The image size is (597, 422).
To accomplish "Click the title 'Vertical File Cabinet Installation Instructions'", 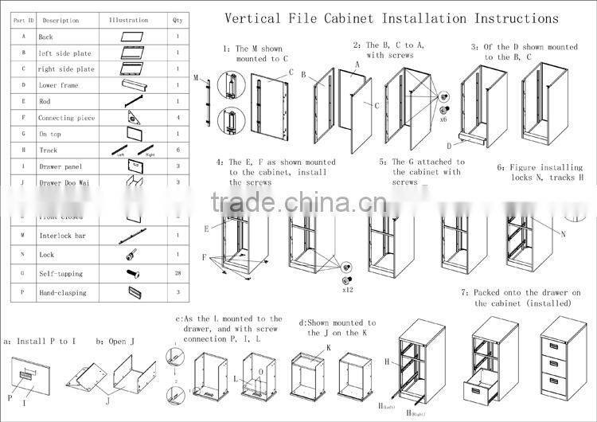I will pyautogui.click(x=391, y=18).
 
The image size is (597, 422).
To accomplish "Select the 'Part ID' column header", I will pyautogui.click(x=23, y=19).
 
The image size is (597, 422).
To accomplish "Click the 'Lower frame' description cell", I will pyautogui.click(x=60, y=84).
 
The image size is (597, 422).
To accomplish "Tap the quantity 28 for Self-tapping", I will pyautogui.click(x=177, y=274).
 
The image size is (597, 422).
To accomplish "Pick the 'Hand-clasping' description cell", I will pyautogui.click(x=64, y=293).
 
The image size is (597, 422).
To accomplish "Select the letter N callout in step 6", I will pyautogui.click(x=563, y=234).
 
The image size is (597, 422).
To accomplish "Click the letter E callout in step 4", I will pyautogui.click(x=206, y=229).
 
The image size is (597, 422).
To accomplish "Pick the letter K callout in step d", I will pyautogui.click(x=328, y=349).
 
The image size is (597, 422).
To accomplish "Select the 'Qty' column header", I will pyautogui.click(x=177, y=19).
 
